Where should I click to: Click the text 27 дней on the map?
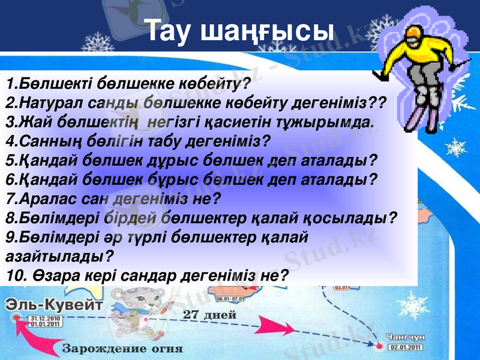pos(209,314)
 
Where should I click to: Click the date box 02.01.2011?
pos(406,346)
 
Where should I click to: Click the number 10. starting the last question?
pos(17,275)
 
